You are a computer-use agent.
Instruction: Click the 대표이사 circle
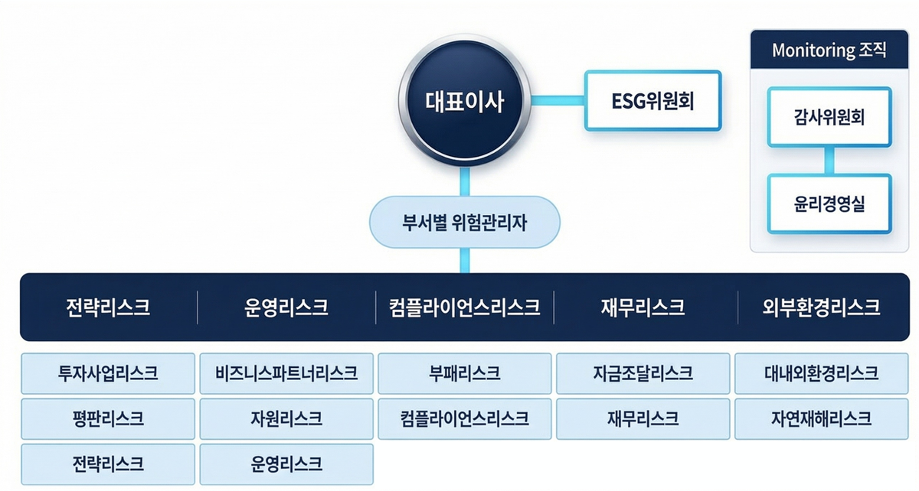coord(464,101)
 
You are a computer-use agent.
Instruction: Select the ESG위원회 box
coord(652,101)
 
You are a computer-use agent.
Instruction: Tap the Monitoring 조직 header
coord(829,50)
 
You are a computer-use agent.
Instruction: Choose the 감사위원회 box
coord(829,117)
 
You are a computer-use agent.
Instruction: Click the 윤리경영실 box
coord(829,203)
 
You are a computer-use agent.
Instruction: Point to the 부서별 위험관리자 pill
coord(464,222)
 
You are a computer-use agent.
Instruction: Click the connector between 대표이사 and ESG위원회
coord(558,101)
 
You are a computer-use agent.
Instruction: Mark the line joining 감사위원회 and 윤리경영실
coord(829,161)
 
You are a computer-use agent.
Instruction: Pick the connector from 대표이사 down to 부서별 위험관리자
coord(464,181)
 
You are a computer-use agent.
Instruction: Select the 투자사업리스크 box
coord(108,373)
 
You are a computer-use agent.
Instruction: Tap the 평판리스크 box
coord(108,419)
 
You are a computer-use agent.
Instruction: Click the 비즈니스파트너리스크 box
coord(286,373)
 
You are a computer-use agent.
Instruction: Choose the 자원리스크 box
coord(286,419)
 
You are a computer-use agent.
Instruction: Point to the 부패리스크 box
coord(464,373)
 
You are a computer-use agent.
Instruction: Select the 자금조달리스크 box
coord(643,373)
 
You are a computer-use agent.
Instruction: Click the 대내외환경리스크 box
coord(821,373)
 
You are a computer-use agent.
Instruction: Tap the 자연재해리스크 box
coord(821,419)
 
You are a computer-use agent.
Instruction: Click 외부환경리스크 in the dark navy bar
coord(821,307)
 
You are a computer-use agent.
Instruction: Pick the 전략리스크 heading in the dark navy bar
coord(108,307)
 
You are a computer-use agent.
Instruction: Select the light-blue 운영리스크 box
coord(286,464)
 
